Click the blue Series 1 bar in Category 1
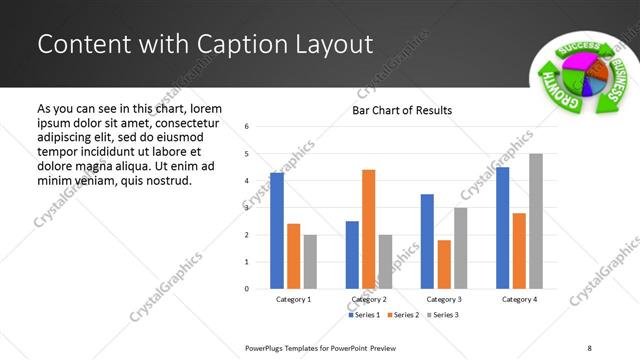point(277,231)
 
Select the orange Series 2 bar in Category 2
point(368,229)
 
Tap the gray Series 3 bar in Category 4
point(536,221)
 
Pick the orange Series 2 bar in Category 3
point(443,264)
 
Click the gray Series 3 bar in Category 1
point(310,262)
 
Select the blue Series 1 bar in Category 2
point(352,255)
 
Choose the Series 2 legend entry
point(402,315)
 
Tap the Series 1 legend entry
point(364,315)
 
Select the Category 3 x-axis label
point(443,300)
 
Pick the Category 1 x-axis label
point(293,300)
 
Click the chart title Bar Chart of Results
point(402,110)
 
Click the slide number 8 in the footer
point(588,347)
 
